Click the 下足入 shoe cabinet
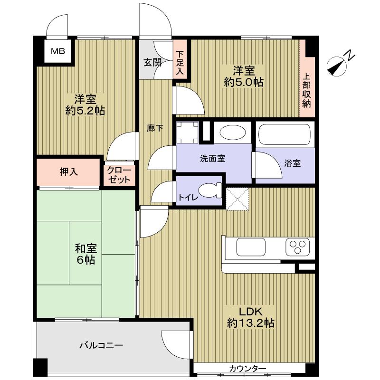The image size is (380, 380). click(180, 64)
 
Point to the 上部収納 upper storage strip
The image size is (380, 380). click(307, 90)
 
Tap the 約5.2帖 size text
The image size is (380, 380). click(85, 111)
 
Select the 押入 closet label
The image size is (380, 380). click(69, 172)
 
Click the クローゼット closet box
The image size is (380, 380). click(119, 175)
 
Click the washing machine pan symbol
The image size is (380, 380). click(188, 132)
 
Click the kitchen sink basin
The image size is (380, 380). click(251, 247)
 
